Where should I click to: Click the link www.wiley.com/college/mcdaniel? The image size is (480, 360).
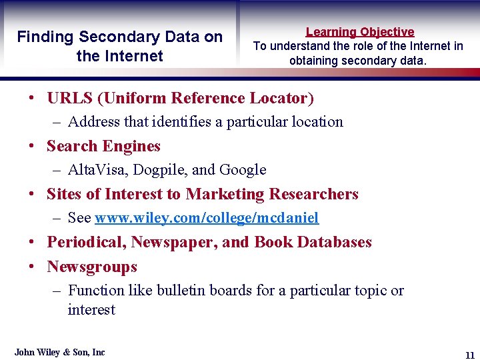207,218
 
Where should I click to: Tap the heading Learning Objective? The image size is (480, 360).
360,31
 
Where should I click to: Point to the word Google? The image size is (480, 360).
242,170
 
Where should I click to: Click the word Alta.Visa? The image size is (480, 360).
98,170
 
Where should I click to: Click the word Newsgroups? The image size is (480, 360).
92,267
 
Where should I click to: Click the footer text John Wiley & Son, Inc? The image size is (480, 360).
60,352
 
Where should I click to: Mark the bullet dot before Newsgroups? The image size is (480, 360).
32,267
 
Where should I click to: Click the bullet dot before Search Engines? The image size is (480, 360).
32,147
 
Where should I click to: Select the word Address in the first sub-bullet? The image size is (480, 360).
92,122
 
